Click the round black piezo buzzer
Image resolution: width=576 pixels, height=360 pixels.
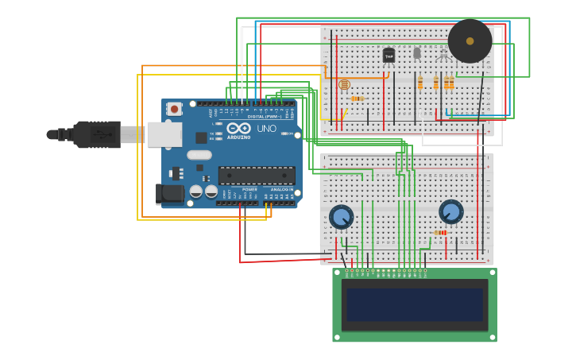(x=470, y=41)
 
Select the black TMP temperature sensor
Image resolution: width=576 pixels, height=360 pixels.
(x=389, y=55)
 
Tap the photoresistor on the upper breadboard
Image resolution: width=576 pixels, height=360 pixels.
(x=344, y=84)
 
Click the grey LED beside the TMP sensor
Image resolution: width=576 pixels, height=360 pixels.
(x=417, y=53)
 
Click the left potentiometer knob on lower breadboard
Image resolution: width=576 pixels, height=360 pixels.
(x=341, y=216)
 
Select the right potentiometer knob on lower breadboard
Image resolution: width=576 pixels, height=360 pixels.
(x=450, y=211)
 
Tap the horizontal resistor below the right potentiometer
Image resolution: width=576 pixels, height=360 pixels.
(x=440, y=232)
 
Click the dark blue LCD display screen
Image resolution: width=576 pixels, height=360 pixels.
(x=414, y=304)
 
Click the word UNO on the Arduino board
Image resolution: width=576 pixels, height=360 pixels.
(x=266, y=129)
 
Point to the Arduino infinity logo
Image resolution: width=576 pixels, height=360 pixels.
(x=238, y=129)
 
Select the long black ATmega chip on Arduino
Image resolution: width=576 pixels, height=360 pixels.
(x=256, y=175)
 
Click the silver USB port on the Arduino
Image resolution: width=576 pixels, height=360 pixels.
(x=164, y=134)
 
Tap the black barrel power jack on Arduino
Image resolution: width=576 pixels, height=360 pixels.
(x=169, y=193)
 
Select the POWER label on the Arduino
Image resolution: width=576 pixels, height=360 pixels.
(x=249, y=189)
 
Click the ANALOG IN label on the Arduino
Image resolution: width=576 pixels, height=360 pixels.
(x=281, y=189)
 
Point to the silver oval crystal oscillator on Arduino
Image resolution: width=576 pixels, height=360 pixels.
(x=199, y=155)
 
